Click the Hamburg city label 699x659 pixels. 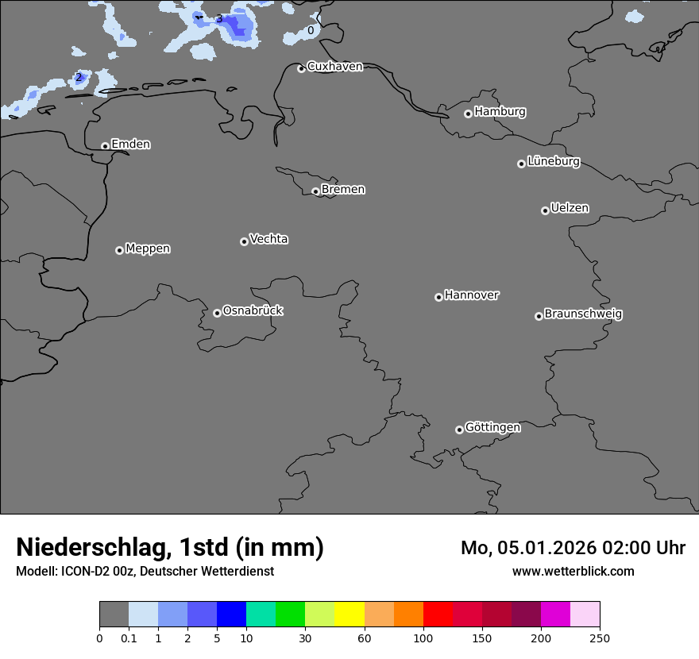point(500,112)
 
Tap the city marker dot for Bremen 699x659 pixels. point(315,191)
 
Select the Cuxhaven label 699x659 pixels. point(334,67)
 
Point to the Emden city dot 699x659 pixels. point(105,146)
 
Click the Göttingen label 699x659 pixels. point(492,428)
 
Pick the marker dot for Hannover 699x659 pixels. point(438,297)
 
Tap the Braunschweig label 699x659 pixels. point(583,314)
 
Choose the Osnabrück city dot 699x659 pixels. point(217,313)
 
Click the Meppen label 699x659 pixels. point(148,249)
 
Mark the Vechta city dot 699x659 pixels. point(244,241)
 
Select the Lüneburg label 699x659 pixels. point(554,162)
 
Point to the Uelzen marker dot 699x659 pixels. point(545,210)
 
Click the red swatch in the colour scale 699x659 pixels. point(438,615)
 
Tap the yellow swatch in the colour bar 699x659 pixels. point(349,615)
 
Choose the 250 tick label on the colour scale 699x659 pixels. point(600,638)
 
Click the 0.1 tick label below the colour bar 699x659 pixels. point(129,638)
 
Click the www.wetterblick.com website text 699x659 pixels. point(573,571)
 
